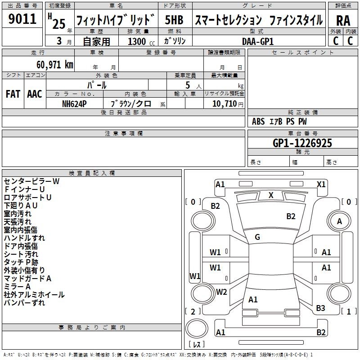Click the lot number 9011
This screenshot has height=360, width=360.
pos(22,19)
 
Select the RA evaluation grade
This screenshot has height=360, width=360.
pos(343,20)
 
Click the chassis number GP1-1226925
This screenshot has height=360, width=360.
pos(302,143)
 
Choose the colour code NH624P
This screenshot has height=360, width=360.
pos(74,103)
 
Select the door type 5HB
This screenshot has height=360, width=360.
pos(174,20)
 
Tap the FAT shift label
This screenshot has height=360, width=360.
pos(13,94)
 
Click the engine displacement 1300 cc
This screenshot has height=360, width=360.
pos(137,41)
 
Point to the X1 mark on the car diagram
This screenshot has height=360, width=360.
pos(321,184)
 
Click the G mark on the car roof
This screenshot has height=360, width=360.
pos(257,237)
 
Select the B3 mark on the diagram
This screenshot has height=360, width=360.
pos(320,308)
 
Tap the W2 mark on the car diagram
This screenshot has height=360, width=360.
pos(221,292)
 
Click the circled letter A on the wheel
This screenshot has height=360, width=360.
pos(339,221)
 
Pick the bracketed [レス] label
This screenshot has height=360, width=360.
pos(196,345)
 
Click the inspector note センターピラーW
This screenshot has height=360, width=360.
pos(31,181)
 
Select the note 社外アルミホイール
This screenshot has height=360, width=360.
pos(34,295)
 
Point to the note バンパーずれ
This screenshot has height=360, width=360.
pos(24,303)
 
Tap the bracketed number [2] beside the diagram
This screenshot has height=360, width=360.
pos(193,311)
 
